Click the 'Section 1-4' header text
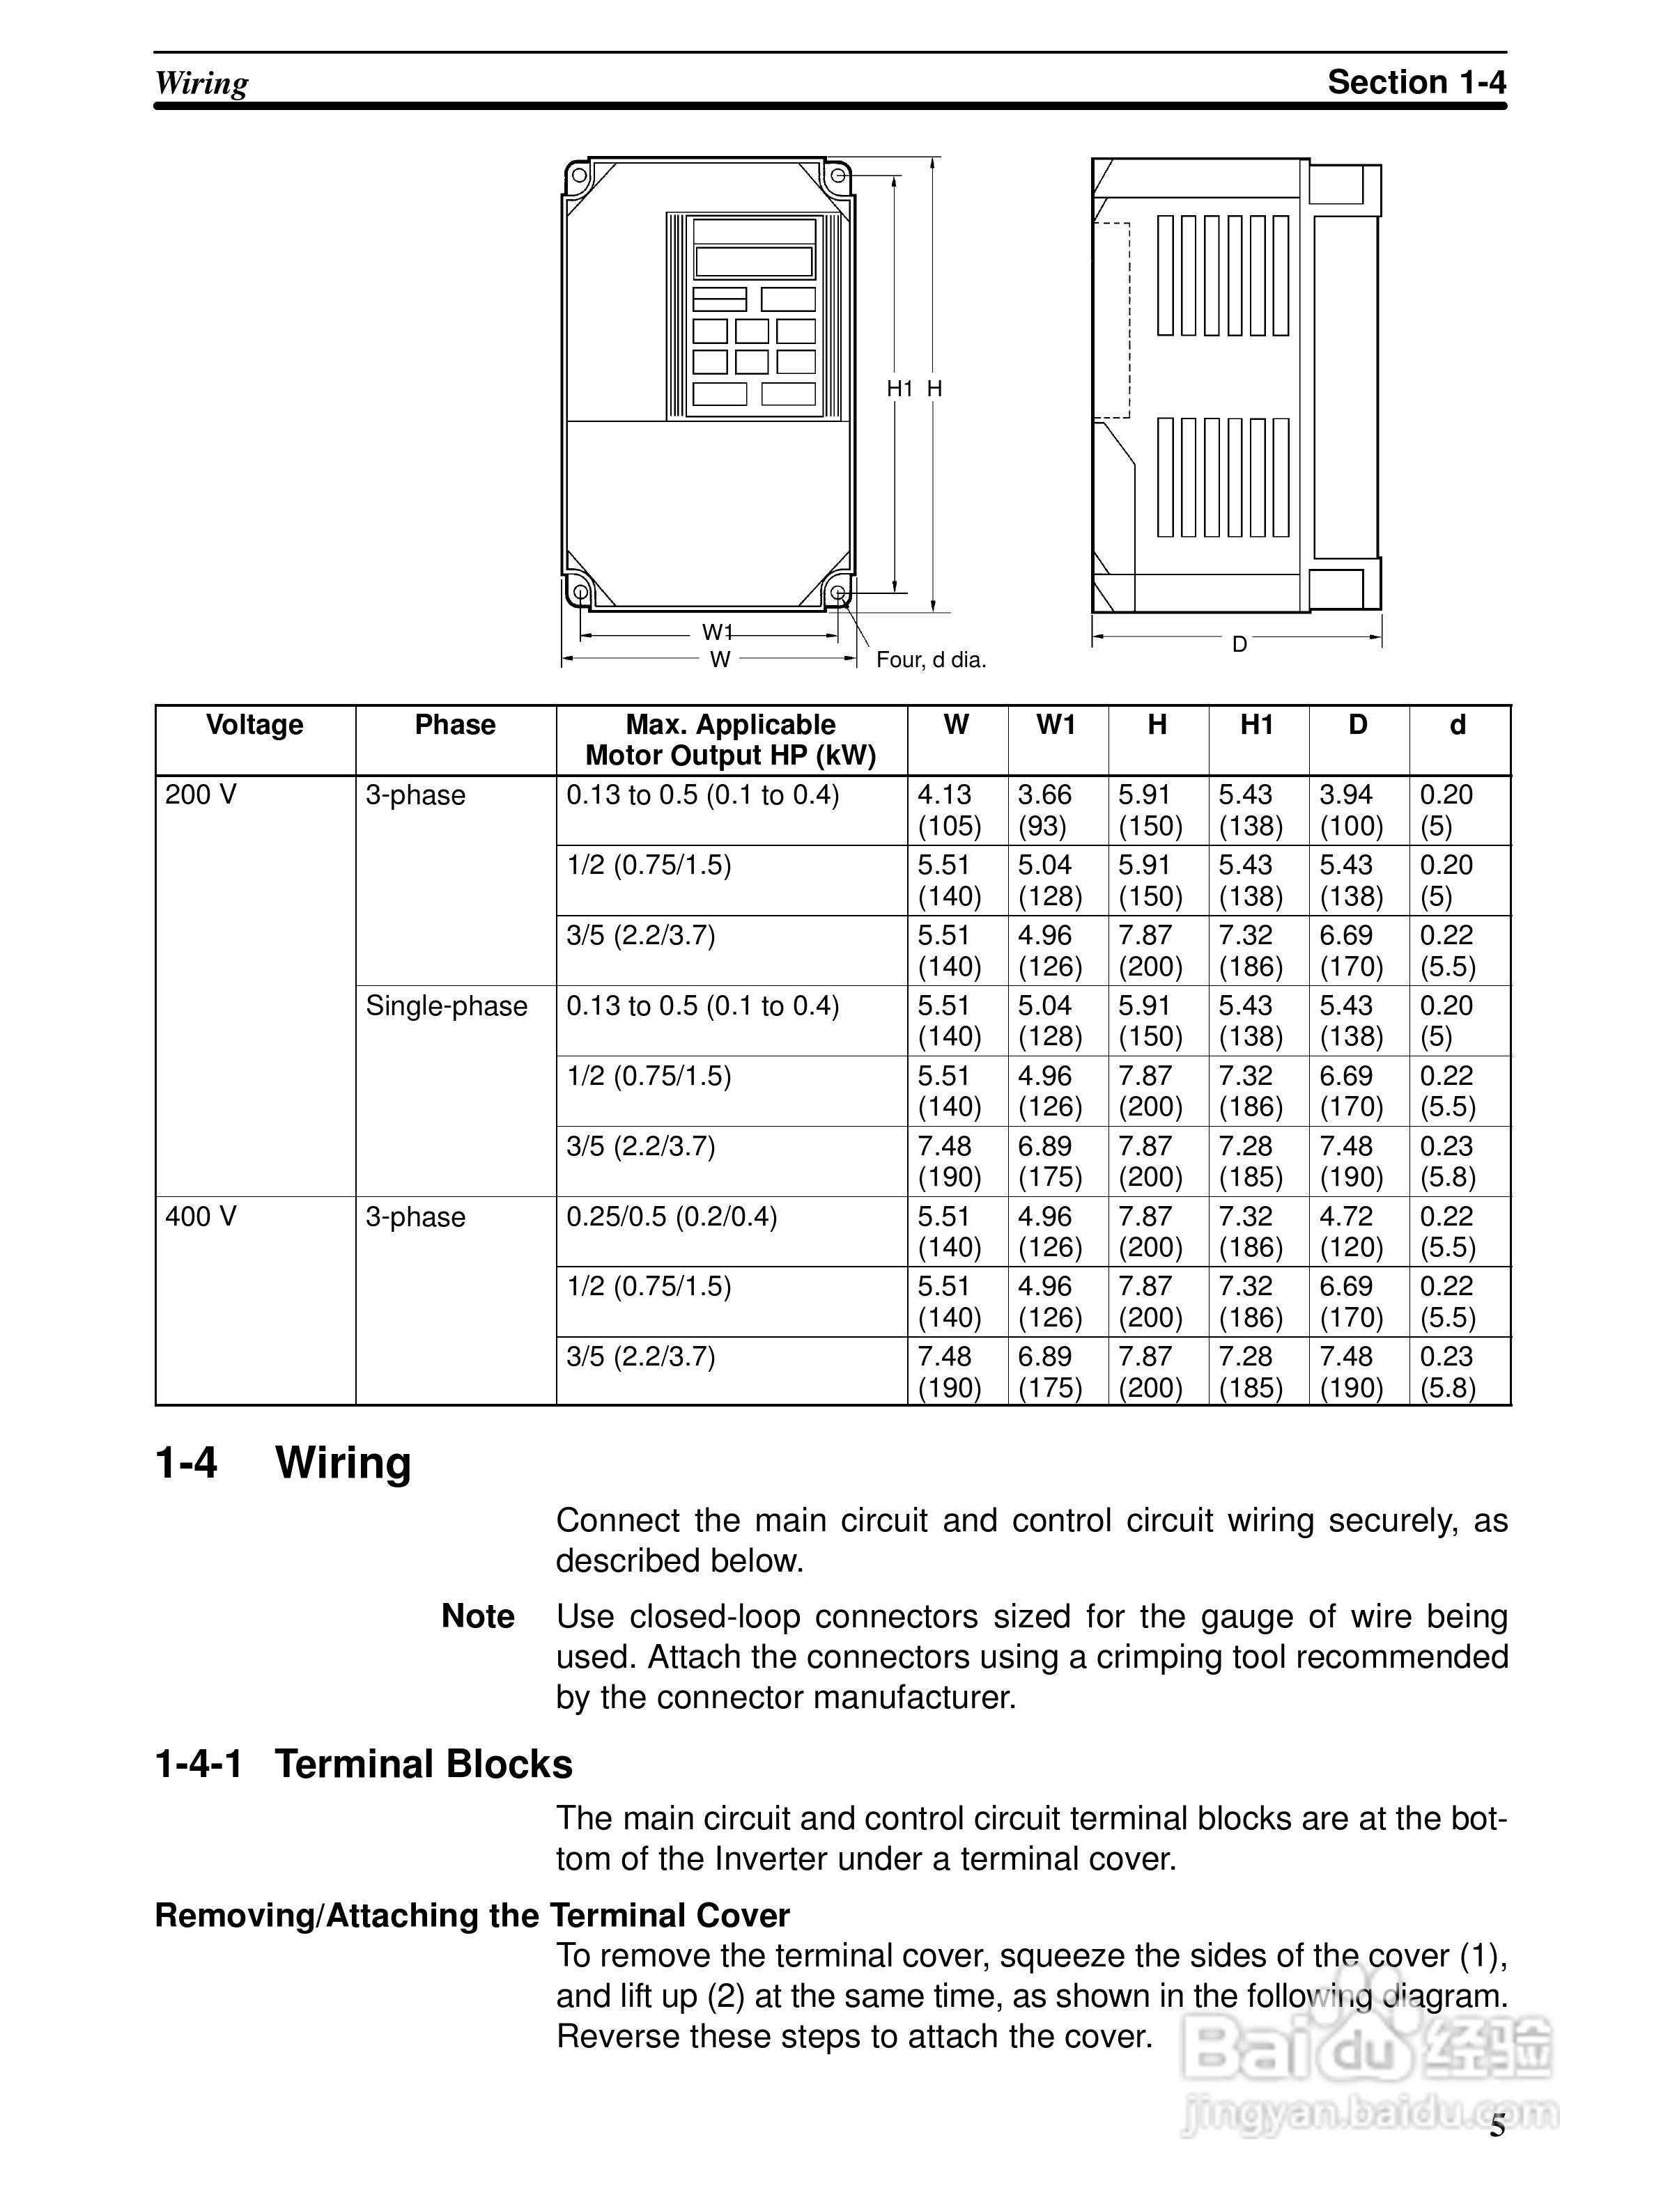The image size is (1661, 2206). tap(1416, 81)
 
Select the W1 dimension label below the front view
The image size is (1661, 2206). tap(717, 632)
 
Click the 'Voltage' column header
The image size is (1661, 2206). tap(254, 725)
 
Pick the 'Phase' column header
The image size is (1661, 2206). tap(455, 725)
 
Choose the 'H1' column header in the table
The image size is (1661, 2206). tap(1257, 725)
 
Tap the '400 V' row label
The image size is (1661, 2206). tap(201, 1217)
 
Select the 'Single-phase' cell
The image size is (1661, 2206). tap(446, 1006)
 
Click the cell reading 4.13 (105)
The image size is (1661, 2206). tap(949, 811)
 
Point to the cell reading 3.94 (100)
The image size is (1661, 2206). tap(1351, 811)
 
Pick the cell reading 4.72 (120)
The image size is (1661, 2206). tap(1351, 1232)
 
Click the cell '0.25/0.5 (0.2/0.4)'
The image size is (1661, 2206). tap(672, 1217)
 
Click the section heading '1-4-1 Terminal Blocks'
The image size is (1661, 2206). tap(363, 1765)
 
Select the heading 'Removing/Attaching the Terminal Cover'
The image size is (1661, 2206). tap(472, 1916)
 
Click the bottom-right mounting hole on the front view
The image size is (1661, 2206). tap(839, 595)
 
